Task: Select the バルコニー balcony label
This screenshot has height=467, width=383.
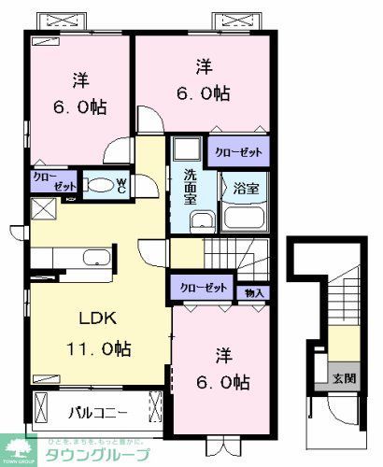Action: [97, 412]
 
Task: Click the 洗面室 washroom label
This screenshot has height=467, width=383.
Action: [189, 187]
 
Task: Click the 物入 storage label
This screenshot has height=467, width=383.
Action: [255, 293]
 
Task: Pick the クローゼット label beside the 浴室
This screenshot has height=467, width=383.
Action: [237, 151]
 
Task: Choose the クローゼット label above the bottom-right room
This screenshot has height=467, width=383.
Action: [203, 289]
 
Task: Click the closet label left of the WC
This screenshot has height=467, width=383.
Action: [44, 181]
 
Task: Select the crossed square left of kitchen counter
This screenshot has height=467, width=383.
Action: [41, 208]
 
